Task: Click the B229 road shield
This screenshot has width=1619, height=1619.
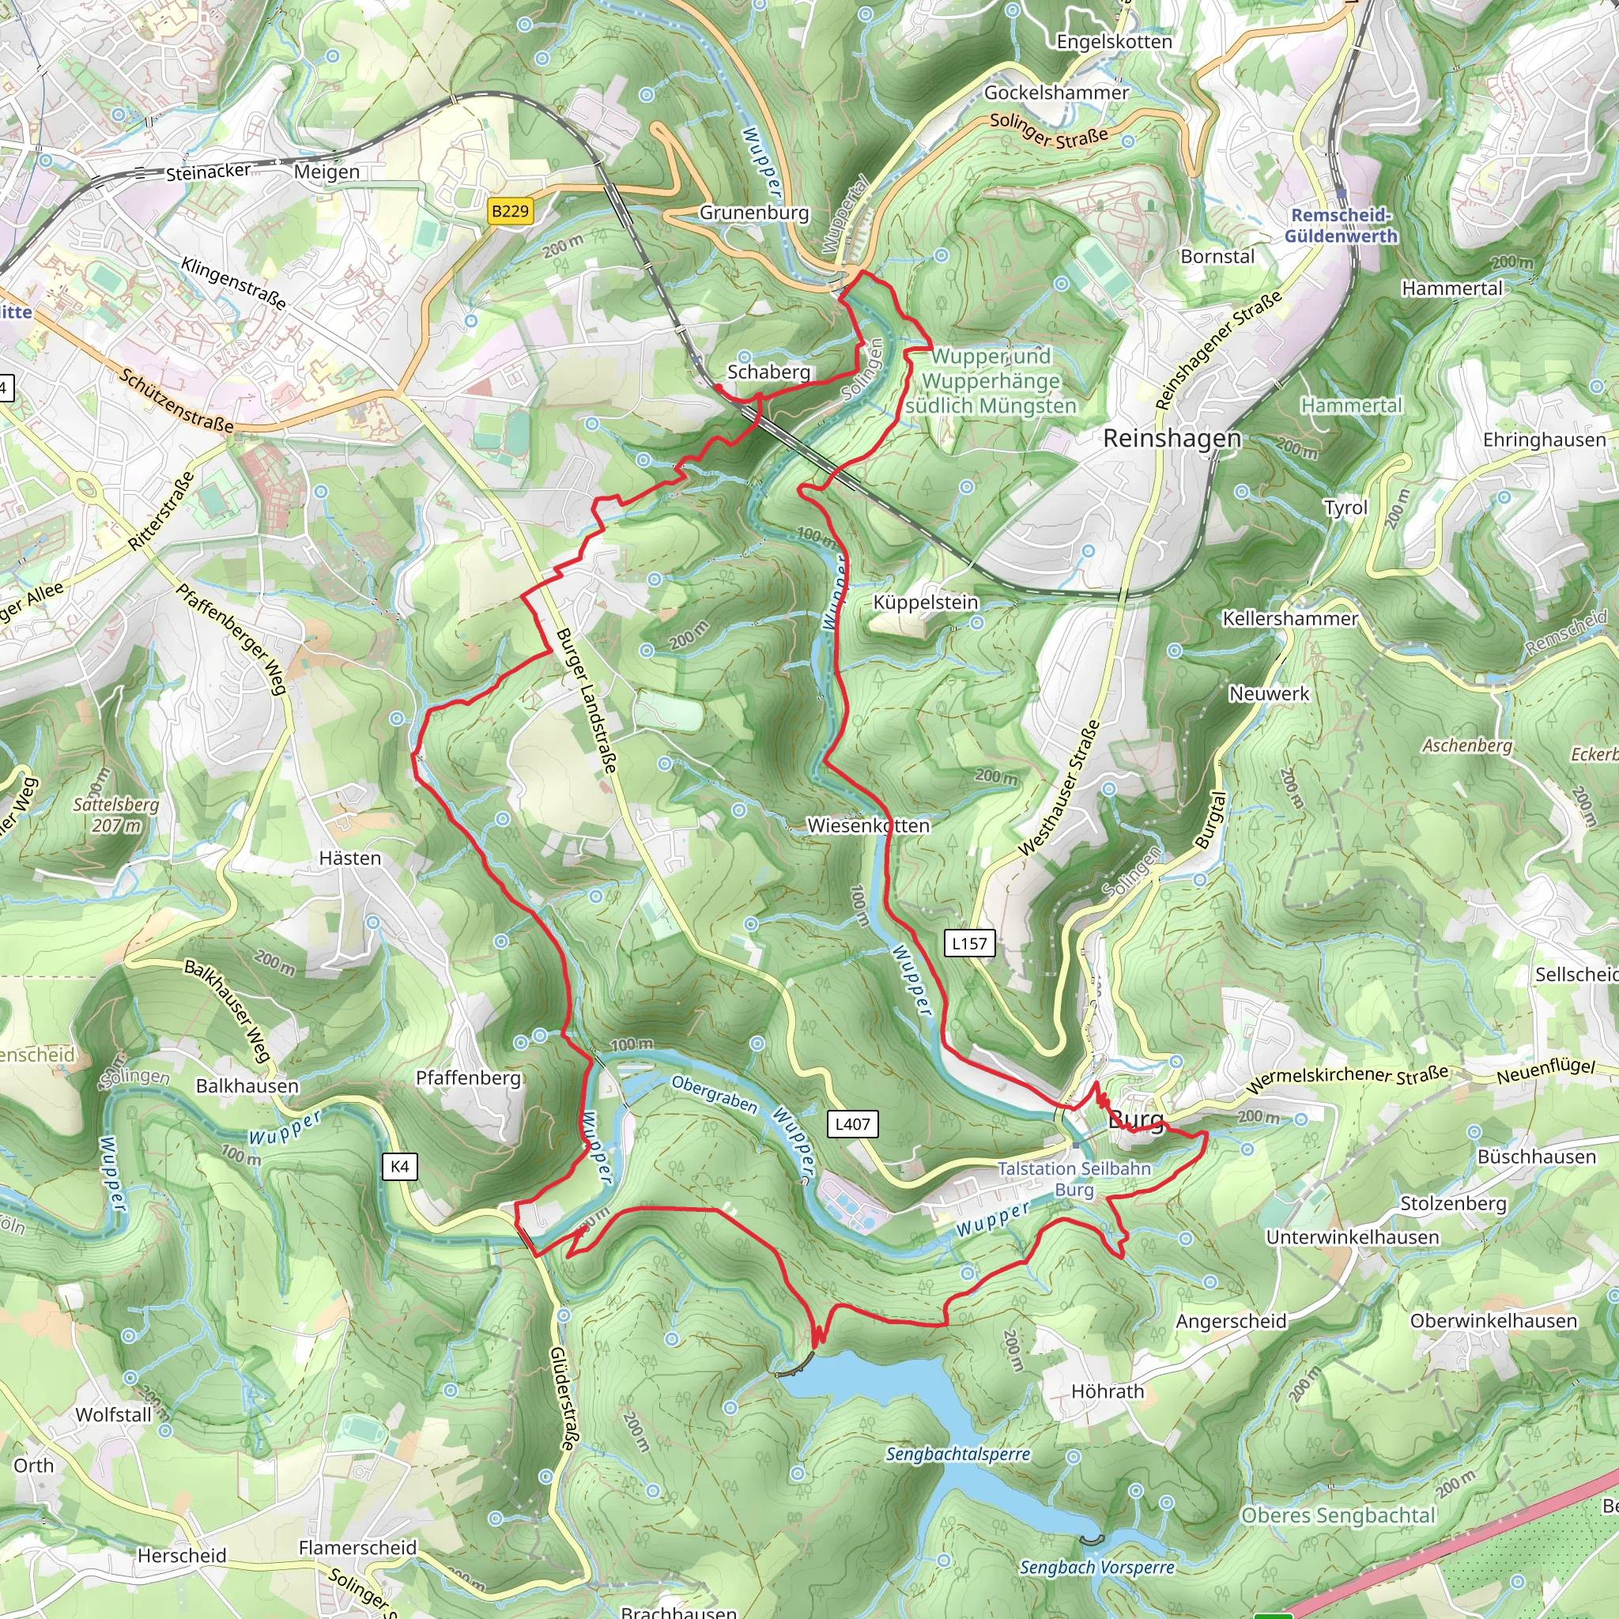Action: [x=511, y=210]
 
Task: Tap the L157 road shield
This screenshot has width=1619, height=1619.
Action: [x=969, y=943]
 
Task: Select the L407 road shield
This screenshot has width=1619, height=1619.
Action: [x=852, y=1124]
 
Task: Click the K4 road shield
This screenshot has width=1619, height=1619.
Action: [x=400, y=1167]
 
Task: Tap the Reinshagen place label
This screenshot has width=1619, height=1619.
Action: [x=1172, y=438]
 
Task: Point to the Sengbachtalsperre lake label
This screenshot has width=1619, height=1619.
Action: [x=958, y=1454]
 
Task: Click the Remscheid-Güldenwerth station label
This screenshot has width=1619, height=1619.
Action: [x=1341, y=225]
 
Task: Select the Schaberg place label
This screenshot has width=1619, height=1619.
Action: [x=768, y=372]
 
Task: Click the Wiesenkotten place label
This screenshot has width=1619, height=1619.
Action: [x=868, y=825]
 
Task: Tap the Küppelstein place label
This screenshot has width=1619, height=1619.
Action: [x=925, y=602]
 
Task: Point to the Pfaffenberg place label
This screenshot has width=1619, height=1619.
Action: [x=469, y=1077]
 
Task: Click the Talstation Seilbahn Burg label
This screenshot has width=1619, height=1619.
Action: [x=1074, y=1178]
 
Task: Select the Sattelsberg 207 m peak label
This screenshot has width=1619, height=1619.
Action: [x=115, y=814]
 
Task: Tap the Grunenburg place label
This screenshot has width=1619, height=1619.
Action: [x=754, y=213]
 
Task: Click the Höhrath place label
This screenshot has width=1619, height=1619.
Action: [x=1107, y=1391]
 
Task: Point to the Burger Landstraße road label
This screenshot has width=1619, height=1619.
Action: [x=587, y=700]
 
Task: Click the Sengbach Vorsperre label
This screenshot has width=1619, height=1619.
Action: [x=1096, y=1567]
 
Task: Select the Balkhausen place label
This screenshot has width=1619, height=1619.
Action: [x=247, y=1086]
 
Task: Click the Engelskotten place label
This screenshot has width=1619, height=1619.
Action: [x=1114, y=42]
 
